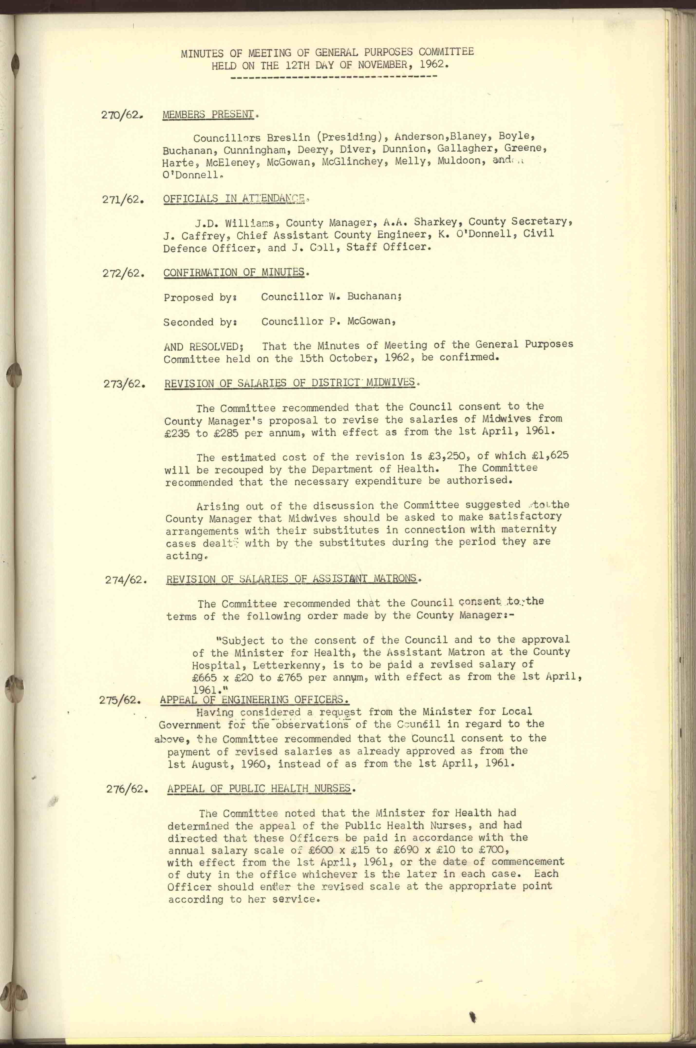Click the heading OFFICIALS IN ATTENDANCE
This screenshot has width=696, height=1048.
tap(234, 199)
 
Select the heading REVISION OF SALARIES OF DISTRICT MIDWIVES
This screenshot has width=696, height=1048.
tap(290, 383)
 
